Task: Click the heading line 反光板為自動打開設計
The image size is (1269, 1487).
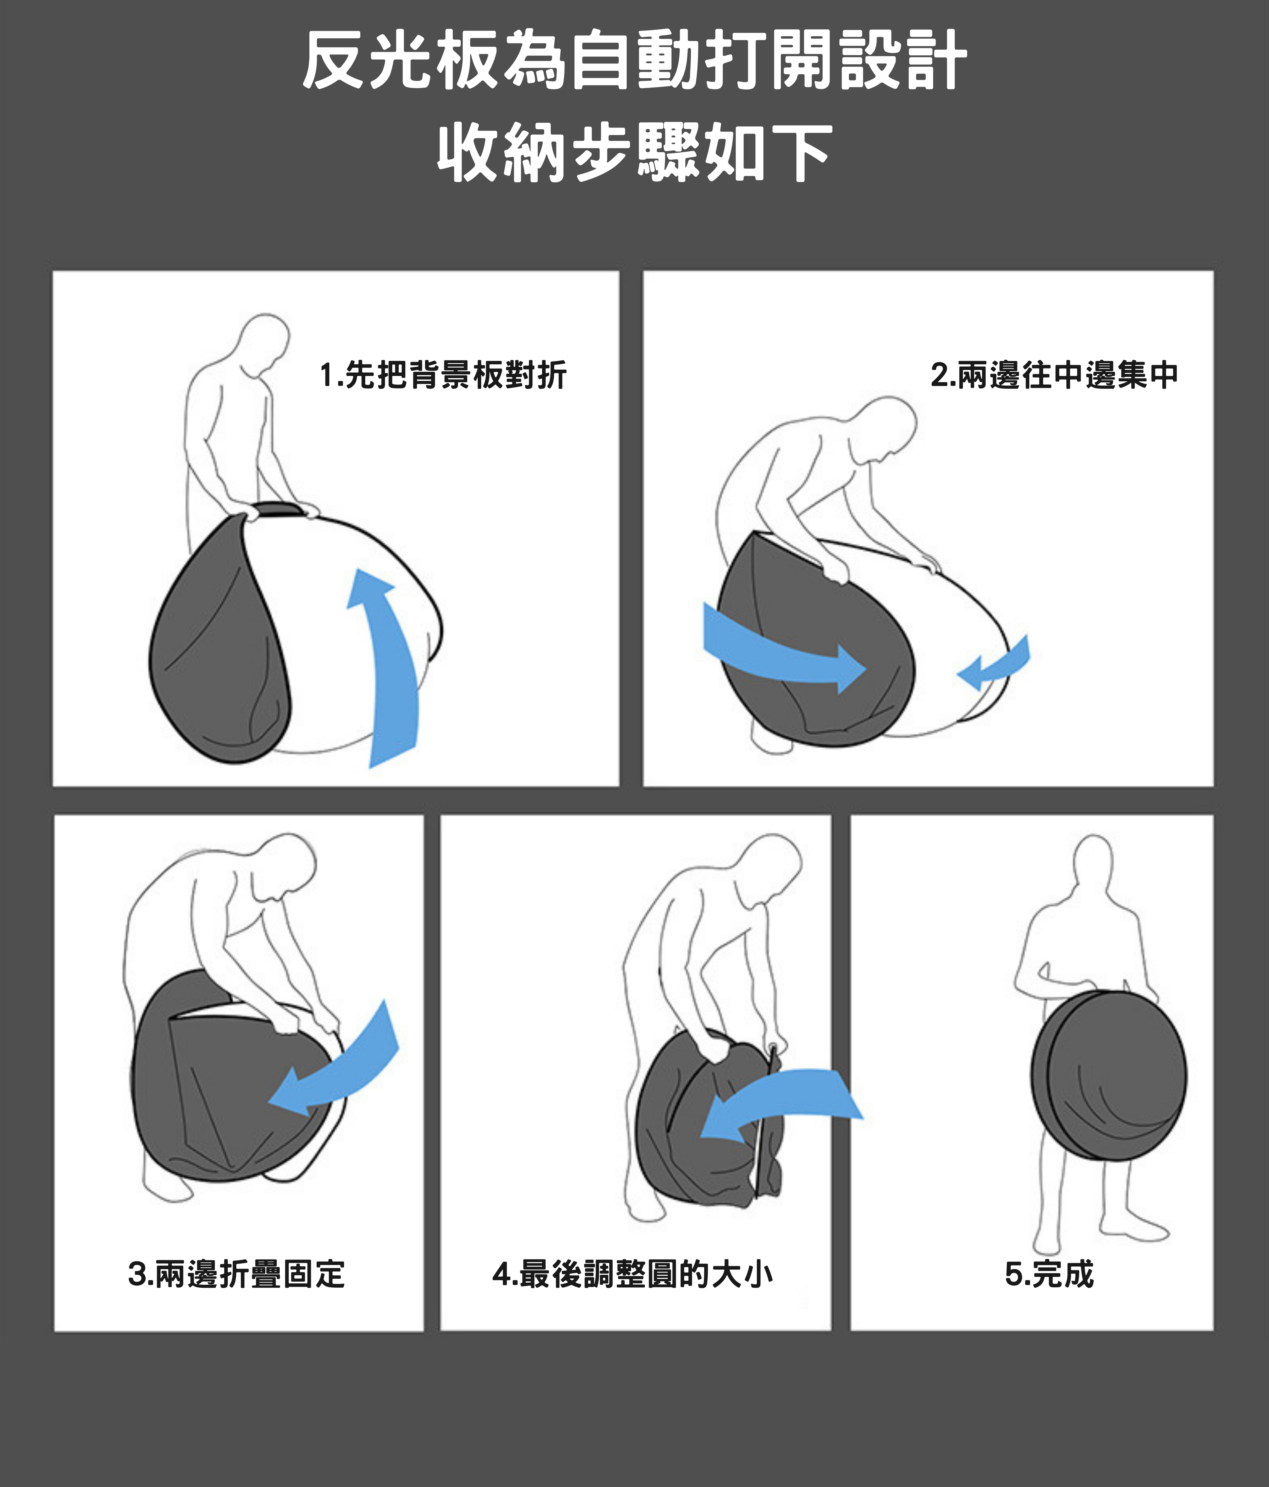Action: tap(634, 60)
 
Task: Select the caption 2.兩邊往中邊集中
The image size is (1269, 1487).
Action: tap(1055, 375)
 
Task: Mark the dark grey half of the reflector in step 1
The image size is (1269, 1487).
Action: tap(219, 639)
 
